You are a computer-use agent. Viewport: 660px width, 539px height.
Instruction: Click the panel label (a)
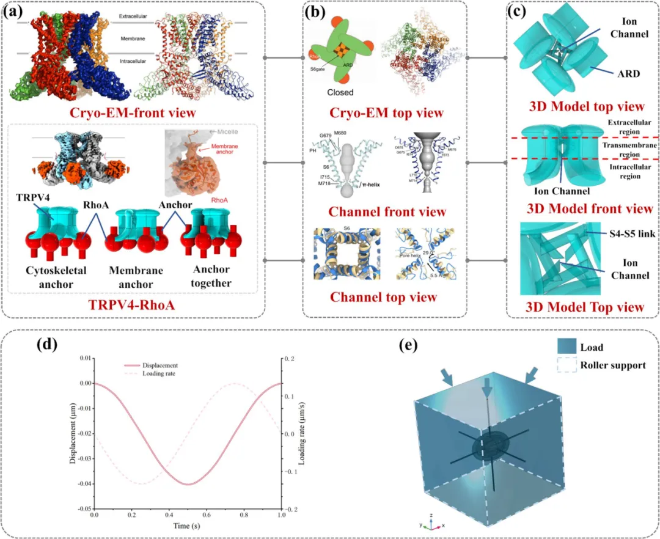pyautogui.click(x=15, y=13)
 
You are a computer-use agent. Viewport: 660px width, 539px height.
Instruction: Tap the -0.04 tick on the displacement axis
pyautogui.click(x=82, y=483)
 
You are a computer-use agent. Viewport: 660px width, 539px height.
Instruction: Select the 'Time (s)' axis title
pyautogui.click(x=188, y=526)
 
